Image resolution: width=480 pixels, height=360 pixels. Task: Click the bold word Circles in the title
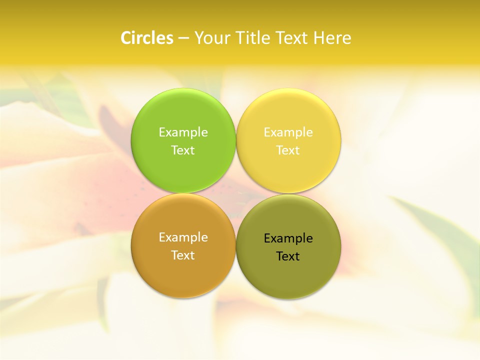click(147, 38)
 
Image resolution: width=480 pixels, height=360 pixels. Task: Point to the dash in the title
click(183, 38)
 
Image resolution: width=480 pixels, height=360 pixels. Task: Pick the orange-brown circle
click(183, 272)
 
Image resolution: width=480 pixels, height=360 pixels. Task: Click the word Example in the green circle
click(183, 132)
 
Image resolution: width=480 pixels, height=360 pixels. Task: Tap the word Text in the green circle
click(183, 150)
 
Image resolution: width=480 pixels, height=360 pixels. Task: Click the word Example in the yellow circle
click(288, 132)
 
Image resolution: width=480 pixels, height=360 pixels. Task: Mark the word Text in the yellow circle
click(288, 150)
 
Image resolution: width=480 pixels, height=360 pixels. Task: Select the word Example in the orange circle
click(183, 237)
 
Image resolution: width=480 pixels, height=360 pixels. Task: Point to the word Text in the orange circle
click(183, 255)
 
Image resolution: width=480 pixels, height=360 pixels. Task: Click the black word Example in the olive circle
click(288, 238)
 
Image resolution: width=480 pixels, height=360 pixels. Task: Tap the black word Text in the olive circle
click(288, 256)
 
